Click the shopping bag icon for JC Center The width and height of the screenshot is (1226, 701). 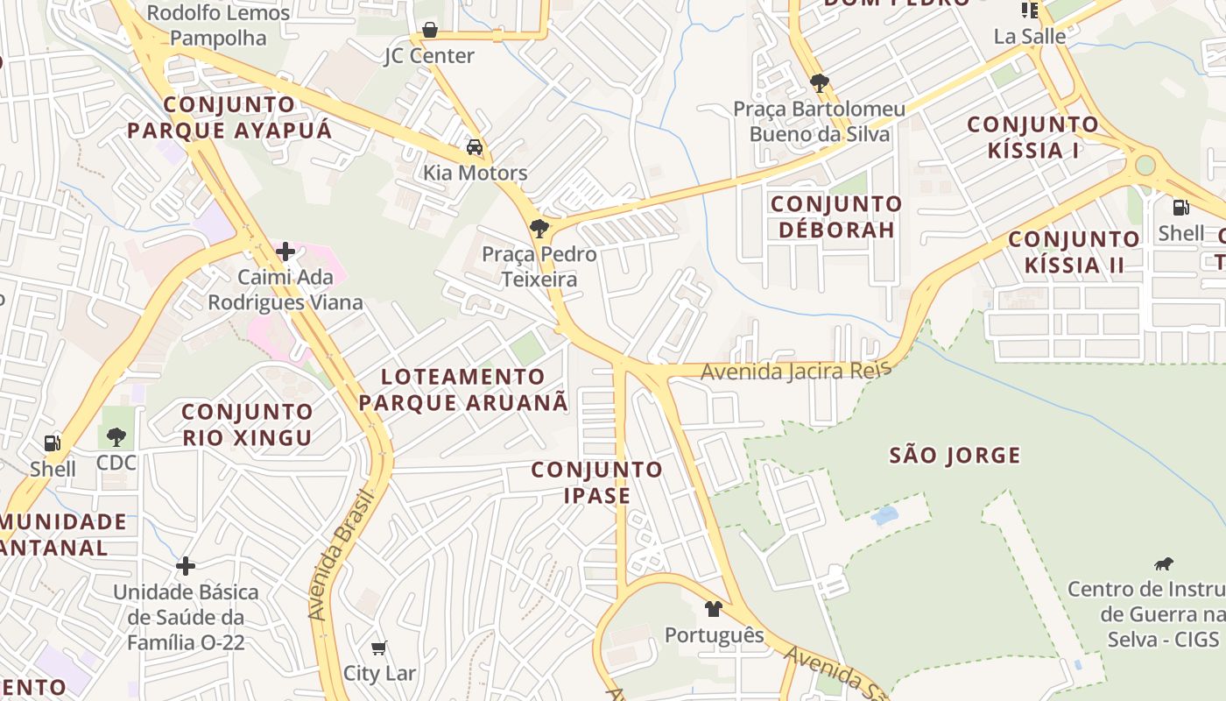click(429, 31)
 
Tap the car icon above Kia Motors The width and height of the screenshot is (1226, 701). click(475, 147)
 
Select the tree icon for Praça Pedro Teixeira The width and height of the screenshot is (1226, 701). click(539, 230)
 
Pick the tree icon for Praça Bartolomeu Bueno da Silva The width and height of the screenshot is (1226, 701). click(820, 84)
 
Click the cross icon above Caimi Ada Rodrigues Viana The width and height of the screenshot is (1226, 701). click(285, 252)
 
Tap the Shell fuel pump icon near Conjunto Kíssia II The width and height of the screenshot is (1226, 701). click(1180, 208)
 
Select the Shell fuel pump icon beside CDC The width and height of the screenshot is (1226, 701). click(53, 443)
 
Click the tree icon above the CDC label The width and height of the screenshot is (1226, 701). click(116, 437)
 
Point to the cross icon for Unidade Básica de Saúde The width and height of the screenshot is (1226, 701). click(186, 566)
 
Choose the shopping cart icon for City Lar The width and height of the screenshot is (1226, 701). click(378, 648)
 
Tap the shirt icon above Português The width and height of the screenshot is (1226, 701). click(714, 609)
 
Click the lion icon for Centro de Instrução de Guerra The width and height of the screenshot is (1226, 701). click(1164, 563)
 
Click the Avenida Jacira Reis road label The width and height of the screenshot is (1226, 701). click(795, 371)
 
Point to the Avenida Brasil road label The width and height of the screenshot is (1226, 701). click(342, 554)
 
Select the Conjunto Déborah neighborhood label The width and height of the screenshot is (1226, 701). click(835, 216)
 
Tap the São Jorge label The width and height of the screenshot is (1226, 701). click(955, 456)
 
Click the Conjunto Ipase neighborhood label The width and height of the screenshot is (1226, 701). click(597, 482)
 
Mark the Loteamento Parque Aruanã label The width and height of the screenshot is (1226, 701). click(463, 390)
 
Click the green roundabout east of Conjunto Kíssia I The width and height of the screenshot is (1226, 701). click(1145, 165)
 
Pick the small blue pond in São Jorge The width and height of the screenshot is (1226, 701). click(884, 515)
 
